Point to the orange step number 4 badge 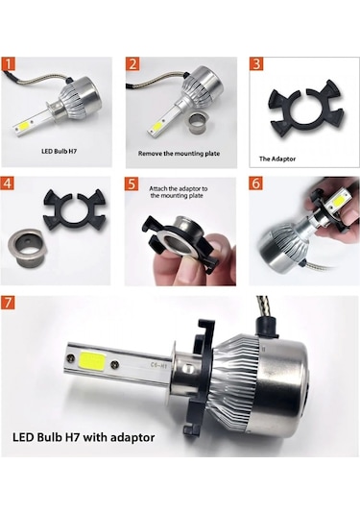(10, 183)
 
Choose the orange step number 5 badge (132, 183)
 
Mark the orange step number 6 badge (256, 183)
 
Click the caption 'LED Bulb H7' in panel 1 (62, 152)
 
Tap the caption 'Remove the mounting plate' (184, 152)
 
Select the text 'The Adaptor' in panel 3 (278, 159)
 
